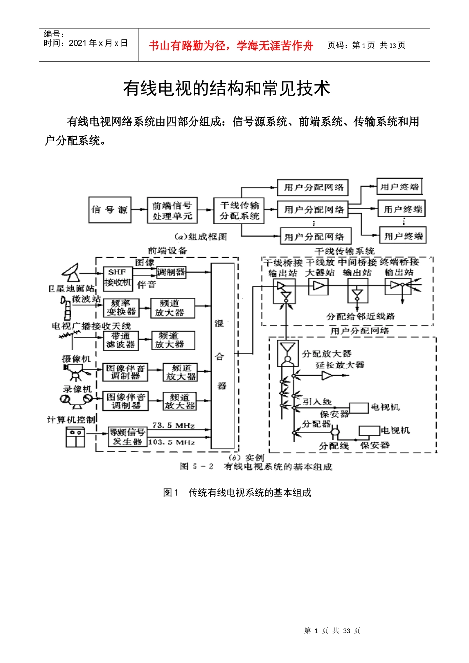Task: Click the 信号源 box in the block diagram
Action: [110, 210]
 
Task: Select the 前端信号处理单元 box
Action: [171, 211]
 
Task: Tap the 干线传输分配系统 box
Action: [239, 211]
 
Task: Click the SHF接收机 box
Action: [117, 277]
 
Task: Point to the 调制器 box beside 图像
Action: [171, 272]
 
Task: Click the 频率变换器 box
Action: [121, 308]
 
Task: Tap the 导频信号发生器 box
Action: [127, 437]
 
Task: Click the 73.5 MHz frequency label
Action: [173, 425]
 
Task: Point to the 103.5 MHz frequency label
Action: [171, 442]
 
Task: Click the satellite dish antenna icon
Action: [72, 272]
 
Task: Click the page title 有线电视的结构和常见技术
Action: [227, 88]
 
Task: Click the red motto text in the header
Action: [231, 46]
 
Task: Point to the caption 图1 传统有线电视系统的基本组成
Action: [237, 492]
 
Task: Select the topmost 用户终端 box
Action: [399, 187]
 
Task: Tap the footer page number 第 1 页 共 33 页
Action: [332, 631]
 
